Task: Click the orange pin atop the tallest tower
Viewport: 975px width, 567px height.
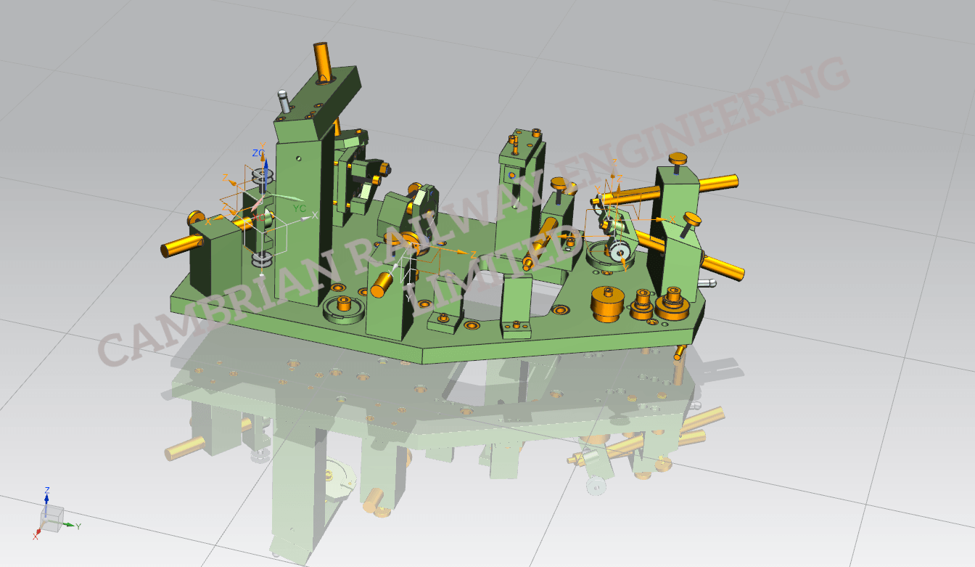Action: click(x=321, y=61)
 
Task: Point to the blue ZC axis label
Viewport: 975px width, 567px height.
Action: click(x=257, y=153)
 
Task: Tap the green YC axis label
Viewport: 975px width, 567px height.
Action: click(x=298, y=208)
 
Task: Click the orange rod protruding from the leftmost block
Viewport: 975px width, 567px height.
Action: click(x=175, y=247)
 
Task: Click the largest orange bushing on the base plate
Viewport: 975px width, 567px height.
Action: click(x=606, y=303)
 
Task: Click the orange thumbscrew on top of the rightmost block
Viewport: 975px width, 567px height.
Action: click(x=678, y=158)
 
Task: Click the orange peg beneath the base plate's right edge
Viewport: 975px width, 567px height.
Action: click(x=680, y=353)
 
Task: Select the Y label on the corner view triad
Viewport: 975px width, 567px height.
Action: click(x=78, y=526)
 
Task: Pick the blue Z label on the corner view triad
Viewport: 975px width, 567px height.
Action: click(x=46, y=491)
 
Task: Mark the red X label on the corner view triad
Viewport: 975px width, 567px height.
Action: click(x=35, y=536)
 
